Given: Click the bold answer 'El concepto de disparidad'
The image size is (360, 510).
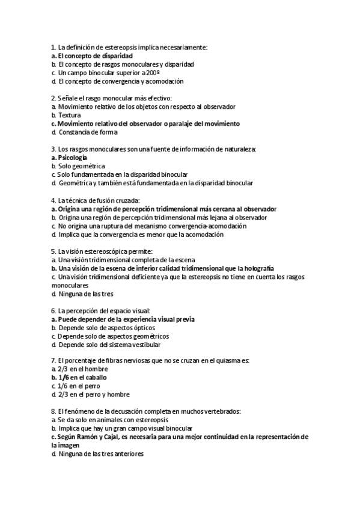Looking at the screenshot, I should pyautogui.click(x=94, y=55).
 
